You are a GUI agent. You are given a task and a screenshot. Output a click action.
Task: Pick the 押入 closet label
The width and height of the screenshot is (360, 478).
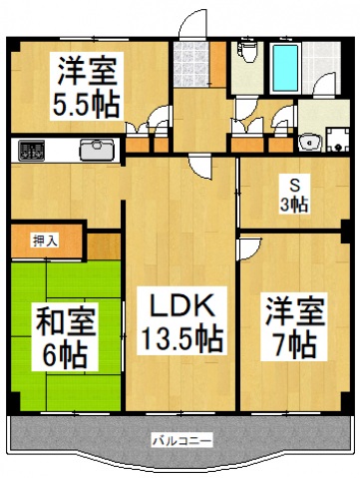point(45,240)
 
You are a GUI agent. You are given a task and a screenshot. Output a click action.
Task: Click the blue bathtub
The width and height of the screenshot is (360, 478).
point(286,65)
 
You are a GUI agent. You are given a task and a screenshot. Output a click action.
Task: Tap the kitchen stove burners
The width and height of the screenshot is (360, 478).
point(32,151)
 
